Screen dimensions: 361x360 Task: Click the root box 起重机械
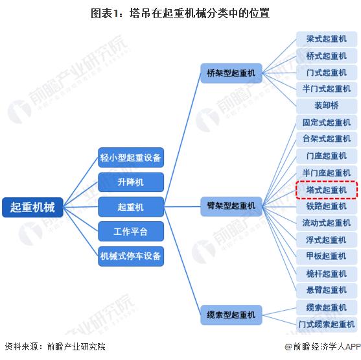tap(32, 207)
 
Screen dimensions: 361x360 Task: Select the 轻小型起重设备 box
tap(131, 158)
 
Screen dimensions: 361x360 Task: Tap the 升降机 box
tap(131, 182)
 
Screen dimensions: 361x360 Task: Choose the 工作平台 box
tap(131, 232)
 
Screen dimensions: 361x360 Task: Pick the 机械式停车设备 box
tap(131, 256)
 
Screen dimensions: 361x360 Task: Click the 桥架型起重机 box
tap(231, 73)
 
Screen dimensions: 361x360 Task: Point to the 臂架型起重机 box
tap(231, 206)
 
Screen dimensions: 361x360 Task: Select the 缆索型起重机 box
tap(231, 315)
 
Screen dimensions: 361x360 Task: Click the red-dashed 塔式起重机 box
tap(327, 190)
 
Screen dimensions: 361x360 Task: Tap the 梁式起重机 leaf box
tap(327, 39)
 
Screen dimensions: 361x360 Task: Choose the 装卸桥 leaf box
tap(327, 106)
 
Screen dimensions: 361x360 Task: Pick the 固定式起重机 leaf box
tap(327, 123)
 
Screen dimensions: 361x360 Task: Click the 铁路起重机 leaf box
tap(327, 206)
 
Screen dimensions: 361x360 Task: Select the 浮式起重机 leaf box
tap(327, 240)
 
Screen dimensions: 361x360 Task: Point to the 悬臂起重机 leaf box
tap(327, 290)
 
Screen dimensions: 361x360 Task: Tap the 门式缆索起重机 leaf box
tap(327, 324)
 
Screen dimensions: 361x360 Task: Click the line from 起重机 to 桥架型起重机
tap(182, 140)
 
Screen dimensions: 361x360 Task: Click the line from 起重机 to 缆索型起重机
tap(182, 261)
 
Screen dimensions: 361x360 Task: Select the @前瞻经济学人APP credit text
tap(323, 346)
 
